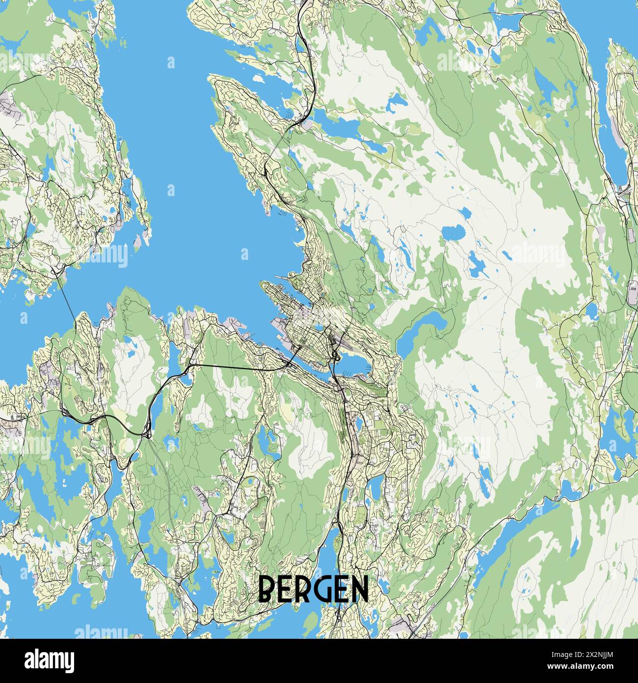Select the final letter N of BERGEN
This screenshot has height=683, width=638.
pyautogui.click(x=360, y=589)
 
